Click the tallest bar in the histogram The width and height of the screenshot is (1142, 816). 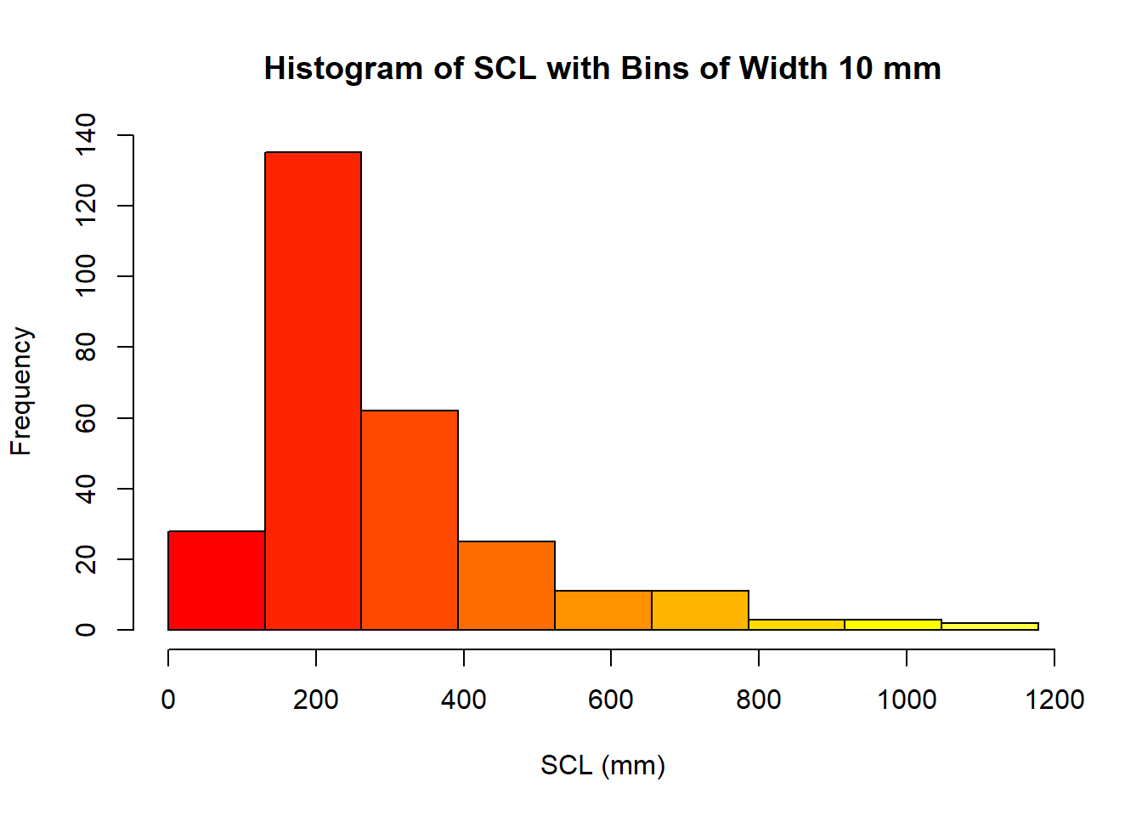[x=313, y=391]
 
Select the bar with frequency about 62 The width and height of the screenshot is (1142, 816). [x=410, y=520]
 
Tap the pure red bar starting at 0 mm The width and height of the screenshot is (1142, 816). [x=217, y=581]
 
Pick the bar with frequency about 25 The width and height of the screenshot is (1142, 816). [x=506, y=586]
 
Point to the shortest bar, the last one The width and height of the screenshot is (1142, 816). [x=990, y=626]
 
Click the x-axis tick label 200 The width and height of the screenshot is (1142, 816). [x=316, y=700]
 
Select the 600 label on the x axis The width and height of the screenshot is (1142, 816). [x=611, y=700]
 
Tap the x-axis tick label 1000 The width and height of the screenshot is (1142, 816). [x=906, y=700]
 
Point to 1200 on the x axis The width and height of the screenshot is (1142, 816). [x=1054, y=700]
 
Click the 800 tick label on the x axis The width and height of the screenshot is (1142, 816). [x=759, y=700]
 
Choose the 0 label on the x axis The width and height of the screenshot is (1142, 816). [x=168, y=700]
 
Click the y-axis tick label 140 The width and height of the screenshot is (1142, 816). [x=86, y=135]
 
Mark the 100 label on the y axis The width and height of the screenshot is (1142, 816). [x=86, y=276]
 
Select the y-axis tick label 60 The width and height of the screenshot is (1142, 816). [x=86, y=418]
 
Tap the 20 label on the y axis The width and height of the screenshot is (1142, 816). [x=86, y=559]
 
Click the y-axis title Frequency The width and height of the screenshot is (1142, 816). [x=21, y=391]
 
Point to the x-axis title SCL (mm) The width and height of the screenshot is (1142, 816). [x=602, y=765]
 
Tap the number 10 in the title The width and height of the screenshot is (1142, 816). [x=856, y=69]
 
